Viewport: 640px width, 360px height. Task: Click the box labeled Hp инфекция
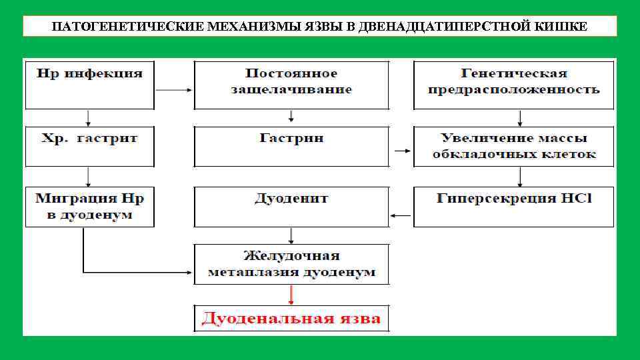89,85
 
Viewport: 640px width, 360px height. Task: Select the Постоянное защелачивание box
291,85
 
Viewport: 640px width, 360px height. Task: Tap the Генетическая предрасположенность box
513,85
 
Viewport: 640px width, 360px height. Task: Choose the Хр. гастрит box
89,146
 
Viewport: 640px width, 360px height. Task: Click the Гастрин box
291,146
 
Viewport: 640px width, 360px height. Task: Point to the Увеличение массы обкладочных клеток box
513,146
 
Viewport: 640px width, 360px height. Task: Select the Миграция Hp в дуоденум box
89,206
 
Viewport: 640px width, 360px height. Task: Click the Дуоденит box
291,206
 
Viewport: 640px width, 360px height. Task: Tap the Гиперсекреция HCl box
513,206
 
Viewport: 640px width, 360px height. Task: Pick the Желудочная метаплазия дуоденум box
291,264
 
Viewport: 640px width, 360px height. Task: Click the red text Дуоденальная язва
291,319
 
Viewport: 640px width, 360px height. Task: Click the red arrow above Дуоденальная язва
291,295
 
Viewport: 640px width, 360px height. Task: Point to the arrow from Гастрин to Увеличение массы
402,151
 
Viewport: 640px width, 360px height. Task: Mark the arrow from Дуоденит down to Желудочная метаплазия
291,235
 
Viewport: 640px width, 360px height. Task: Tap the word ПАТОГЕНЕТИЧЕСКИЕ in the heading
104,27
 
